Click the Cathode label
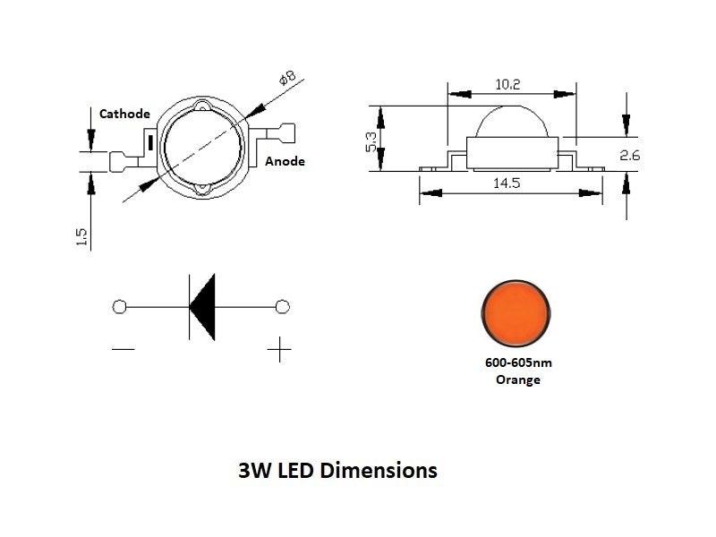click(x=124, y=114)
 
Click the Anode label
click(x=285, y=161)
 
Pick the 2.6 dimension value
click(x=630, y=155)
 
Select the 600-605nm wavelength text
click(x=518, y=364)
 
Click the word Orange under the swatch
click(x=518, y=379)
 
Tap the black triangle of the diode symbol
click(x=203, y=307)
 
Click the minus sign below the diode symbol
click(x=123, y=348)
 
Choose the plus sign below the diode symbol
click(x=281, y=349)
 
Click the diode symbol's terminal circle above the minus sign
click(x=120, y=307)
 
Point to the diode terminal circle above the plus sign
click(x=283, y=307)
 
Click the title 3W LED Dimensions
click(x=338, y=470)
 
